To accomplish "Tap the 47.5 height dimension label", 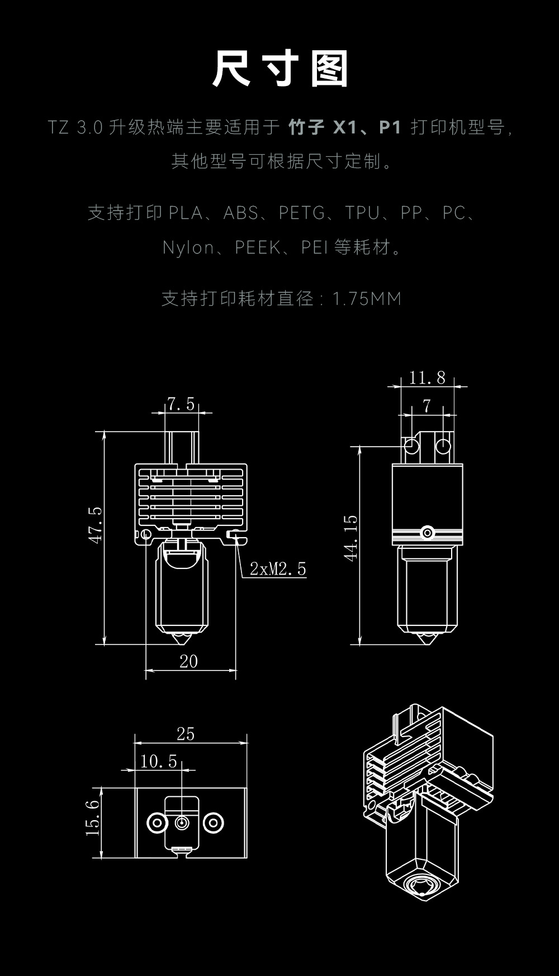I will (96, 525).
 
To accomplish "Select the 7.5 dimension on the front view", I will (181, 404).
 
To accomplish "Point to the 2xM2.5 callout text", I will (278, 569).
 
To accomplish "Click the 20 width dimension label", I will (188, 661).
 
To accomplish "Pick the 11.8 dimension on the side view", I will (427, 378).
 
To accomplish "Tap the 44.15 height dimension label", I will (350, 538).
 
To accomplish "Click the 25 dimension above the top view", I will (186, 734).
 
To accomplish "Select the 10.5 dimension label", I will (158, 761).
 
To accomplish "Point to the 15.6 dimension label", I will (93, 817).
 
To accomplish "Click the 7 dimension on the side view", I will (427, 406).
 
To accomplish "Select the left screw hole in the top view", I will (157, 822).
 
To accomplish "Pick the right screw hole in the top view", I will (213, 822).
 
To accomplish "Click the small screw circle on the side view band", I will (428, 533).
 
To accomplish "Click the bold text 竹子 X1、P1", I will (345, 127).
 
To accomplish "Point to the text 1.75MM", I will (367, 299).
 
